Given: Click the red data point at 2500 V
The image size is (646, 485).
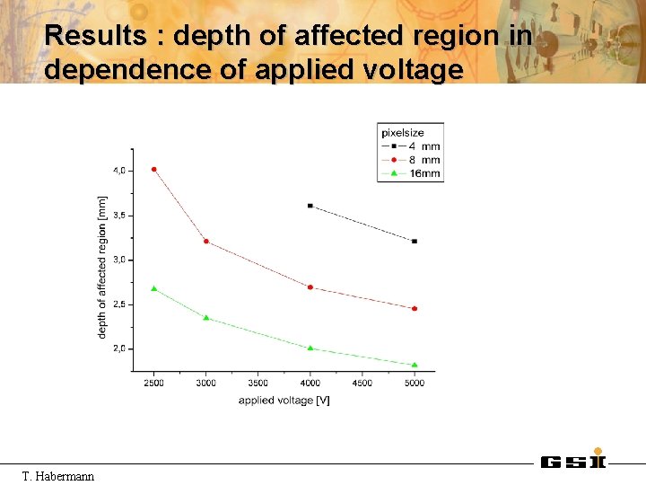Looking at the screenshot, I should coord(154,169).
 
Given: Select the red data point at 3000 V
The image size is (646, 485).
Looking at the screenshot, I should coord(206,241).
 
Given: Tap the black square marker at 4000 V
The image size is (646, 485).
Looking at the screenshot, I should coord(310,206).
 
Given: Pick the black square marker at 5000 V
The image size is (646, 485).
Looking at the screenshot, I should coord(415,241).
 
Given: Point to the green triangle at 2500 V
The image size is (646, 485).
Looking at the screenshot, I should coord(154,288).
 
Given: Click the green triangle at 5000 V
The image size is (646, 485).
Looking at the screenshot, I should coord(415,365).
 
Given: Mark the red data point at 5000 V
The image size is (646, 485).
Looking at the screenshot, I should coord(415,308).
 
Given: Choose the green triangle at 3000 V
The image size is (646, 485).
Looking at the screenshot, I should coord(206,317).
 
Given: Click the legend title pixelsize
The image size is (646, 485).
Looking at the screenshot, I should coord(403,133).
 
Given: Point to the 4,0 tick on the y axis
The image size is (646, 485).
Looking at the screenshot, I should coord(119,170).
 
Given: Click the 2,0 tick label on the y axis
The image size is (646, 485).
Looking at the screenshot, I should coord(119,348).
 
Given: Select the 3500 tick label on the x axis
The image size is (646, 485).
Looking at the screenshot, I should coord(258,384).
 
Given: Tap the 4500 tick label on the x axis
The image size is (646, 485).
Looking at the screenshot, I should coord(362,384).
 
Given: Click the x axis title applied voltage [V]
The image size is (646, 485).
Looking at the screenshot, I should coord(284,401).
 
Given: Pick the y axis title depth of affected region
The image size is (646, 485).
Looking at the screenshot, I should coord(102,267).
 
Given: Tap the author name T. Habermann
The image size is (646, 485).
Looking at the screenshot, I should coord(57,475).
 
